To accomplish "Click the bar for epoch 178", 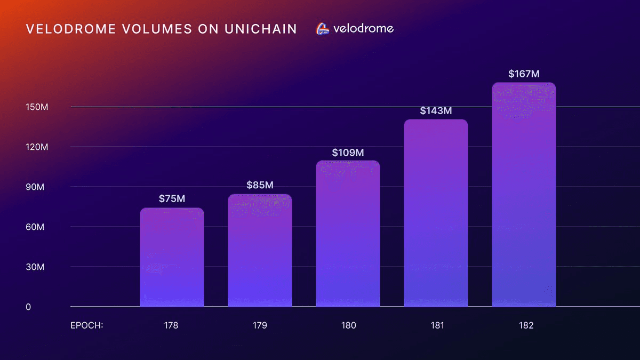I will (x=172, y=257).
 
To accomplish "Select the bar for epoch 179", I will (x=260, y=251).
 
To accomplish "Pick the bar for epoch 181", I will (x=436, y=213).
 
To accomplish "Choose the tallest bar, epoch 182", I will (x=524, y=195).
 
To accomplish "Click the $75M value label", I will (x=172, y=198).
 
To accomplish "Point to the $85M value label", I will (x=260, y=185).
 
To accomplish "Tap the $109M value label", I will (x=348, y=152).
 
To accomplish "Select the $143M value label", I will (x=436, y=110).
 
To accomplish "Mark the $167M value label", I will (x=524, y=74).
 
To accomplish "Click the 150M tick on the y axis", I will (x=37, y=107).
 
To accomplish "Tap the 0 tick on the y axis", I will (x=29, y=307).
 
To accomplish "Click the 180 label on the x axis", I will (x=348, y=325).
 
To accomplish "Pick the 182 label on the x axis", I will (x=524, y=325).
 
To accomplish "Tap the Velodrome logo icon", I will (x=323, y=29).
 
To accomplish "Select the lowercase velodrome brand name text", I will (x=363, y=29).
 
